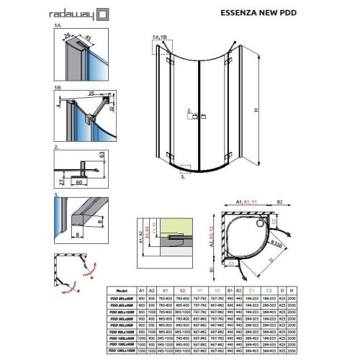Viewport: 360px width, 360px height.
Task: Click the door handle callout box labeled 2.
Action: point(189,112)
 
